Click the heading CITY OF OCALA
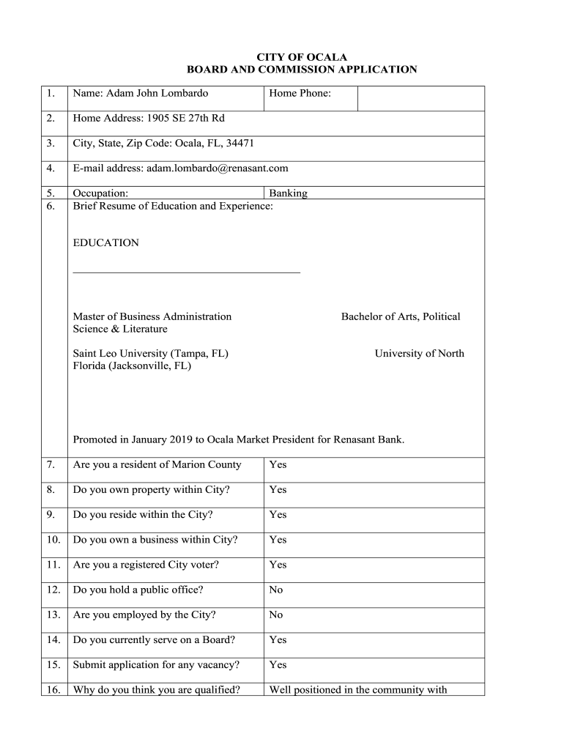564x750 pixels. tap(301, 56)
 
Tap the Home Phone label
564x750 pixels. tap(300, 93)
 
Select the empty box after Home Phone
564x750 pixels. tap(420, 98)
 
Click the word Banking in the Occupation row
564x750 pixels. tap(288, 193)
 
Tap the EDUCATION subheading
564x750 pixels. tap(105, 242)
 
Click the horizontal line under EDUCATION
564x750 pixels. tap(186, 272)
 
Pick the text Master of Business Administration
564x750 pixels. tap(152, 316)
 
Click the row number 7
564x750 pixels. tap(51, 464)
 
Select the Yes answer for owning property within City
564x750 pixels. tap(278, 489)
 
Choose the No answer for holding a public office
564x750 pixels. tap(276, 590)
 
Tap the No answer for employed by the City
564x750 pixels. tap(276, 615)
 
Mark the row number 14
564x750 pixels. tap(53, 639)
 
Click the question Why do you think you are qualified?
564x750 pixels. tap(157, 689)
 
